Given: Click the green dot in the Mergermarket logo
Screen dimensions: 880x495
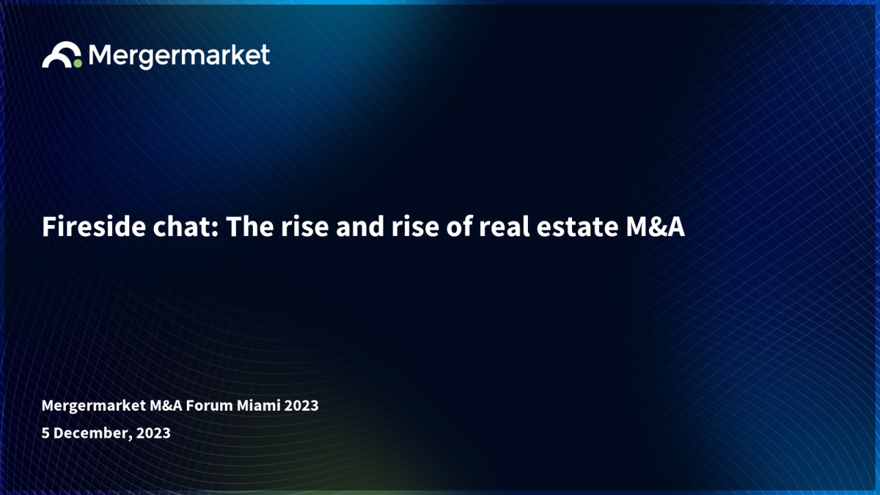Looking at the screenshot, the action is (78, 63).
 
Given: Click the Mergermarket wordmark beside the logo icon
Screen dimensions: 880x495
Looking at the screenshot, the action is (179, 56).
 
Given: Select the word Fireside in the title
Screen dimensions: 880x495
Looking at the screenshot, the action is (94, 227).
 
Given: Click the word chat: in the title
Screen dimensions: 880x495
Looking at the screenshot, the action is (186, 227).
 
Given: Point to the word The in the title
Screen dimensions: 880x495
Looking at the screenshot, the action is (250, 227).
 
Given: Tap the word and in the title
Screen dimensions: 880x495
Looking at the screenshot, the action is (360, 227).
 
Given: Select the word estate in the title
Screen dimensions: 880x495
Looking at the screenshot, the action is (577, 227).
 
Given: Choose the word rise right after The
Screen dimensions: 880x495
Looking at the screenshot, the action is (304, 227).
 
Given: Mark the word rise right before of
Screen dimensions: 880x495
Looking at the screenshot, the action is (415, 227).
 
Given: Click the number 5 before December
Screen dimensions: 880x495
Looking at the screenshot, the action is (45, 433).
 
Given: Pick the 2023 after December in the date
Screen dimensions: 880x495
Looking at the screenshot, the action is (153, 433).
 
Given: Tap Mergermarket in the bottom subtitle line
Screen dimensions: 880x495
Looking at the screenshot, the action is (94, 406).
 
